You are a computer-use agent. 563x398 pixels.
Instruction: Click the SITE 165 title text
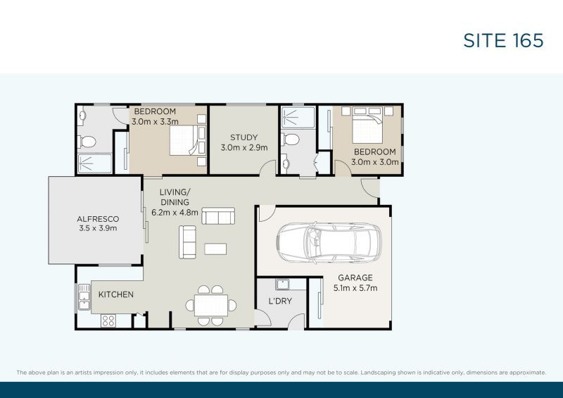[x=502, y=40]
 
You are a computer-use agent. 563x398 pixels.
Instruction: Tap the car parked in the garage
[x=328, y=242]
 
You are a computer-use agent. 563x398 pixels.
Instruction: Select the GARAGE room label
[x=355, y=278]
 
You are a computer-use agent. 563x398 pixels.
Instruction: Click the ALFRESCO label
[x=97, y=218]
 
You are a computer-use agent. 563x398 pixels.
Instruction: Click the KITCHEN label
[x=116, y=294]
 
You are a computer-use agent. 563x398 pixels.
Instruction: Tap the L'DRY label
[x=280, y=301]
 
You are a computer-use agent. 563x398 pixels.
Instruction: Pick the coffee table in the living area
[x=216, y=248]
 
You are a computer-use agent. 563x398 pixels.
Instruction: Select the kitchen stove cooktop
[x=108, y=321]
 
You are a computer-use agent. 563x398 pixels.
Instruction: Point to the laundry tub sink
[x=283, y=285]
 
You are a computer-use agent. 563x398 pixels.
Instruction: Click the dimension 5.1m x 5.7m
[x=355, y=287]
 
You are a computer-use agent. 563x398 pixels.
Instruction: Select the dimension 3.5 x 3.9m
[x=97, y=228]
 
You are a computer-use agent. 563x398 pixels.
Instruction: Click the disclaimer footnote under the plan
[x=281, y=371]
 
